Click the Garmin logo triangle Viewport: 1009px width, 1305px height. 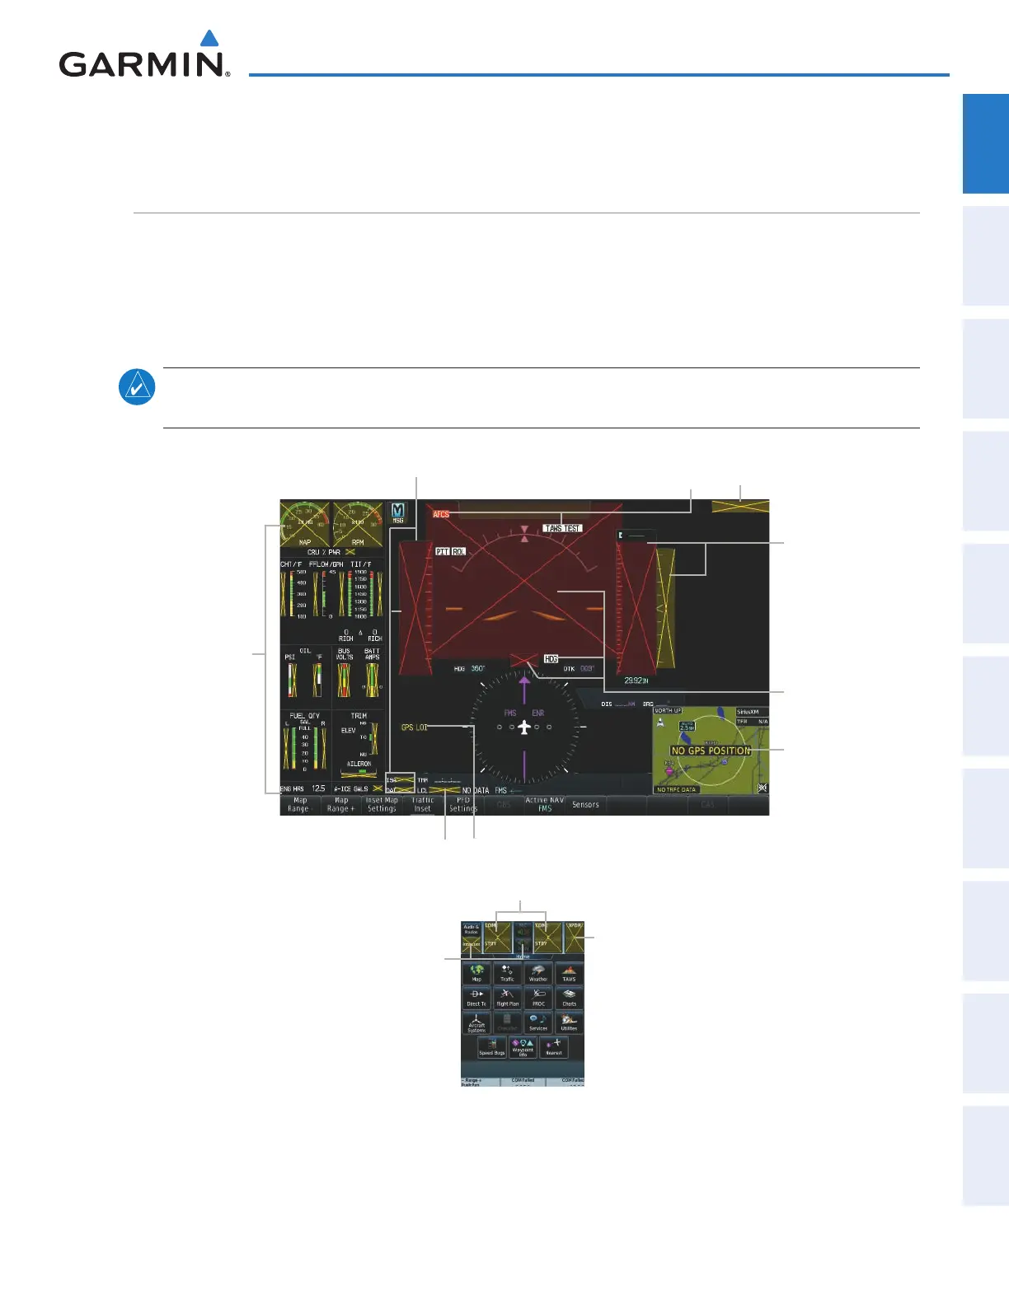[210, 39]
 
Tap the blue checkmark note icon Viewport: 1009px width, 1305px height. [137, 387]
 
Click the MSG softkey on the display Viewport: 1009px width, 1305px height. [398, 513]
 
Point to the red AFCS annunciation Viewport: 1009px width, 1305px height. [441, 514]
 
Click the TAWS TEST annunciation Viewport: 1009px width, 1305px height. [562, 528]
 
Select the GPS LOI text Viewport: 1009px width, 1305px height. [414, 727]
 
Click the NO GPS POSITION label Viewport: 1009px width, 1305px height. [711, 751]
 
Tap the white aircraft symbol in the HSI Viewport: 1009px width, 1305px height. [523, 727]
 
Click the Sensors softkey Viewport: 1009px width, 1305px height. [585, 805]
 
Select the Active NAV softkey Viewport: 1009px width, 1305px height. [544, 805]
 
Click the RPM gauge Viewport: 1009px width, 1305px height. [358, 524]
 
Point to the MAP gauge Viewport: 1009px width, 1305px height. [305, 524]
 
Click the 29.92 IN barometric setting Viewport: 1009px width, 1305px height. [636, 681]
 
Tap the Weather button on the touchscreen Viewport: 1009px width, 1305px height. [538, 973]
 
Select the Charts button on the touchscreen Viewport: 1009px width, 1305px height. [569, 998]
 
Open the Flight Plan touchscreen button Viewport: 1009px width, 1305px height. [508, 998]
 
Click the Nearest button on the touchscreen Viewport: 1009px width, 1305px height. [554, 1047]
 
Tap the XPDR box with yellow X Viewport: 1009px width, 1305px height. [574, 937]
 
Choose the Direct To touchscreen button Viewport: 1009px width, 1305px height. [476, 998]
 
